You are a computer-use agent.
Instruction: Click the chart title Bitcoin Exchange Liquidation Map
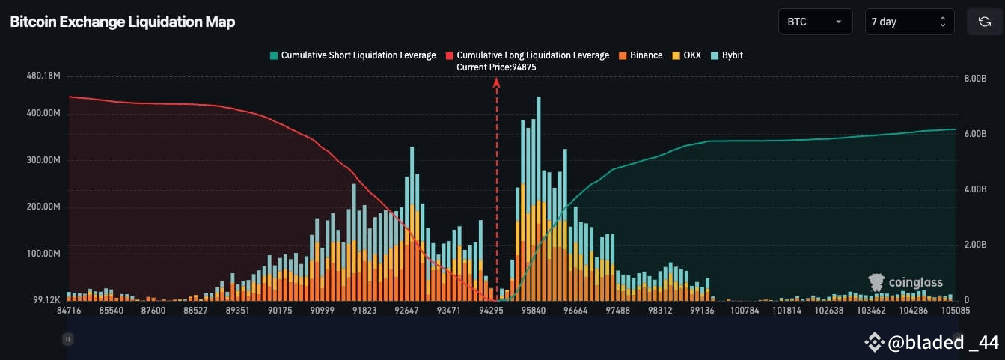coord(123,22)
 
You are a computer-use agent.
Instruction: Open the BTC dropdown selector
coord(815,22)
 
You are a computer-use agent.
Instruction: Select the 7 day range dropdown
coord(908,22)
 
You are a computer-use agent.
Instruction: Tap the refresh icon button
coord(984,22)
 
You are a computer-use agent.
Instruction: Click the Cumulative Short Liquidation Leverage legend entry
coord(352,55)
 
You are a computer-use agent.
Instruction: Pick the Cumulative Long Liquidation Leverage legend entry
coord(527,55)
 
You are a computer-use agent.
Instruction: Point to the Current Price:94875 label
coord(496,67)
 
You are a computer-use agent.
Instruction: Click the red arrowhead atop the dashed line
coord(496,82)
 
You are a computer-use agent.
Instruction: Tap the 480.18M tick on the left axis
coord(43,76)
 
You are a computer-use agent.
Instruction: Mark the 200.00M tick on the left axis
coord(43,207)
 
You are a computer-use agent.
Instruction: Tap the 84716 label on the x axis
coord(69,310)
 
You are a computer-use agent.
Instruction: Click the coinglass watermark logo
coord(905,283)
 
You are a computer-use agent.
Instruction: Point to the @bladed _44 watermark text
coord(932,343)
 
